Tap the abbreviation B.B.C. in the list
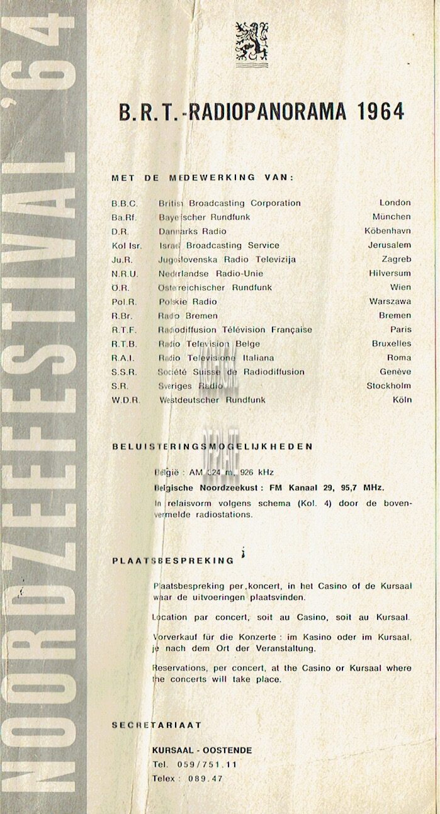pos(124,203)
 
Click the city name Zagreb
pos(397,259)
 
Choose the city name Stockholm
pos(388,386)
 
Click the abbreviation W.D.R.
pos(126,400)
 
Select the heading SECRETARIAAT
pos(156,725)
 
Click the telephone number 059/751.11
pos(207,764)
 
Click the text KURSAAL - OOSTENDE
pos(201,750)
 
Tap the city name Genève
pos(394,372)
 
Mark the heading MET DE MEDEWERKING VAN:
pos(201,177)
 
